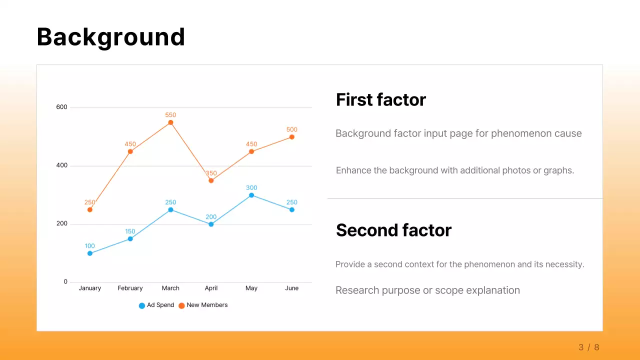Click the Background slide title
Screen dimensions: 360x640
[110, 37]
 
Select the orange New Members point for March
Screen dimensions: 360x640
[170, 122]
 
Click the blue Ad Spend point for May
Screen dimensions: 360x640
[251, 195]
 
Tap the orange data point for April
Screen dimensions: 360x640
[211, 180]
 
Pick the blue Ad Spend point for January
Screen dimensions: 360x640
[90, 253]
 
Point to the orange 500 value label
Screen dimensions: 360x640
[291, 129]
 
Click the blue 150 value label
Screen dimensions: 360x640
[130, 231]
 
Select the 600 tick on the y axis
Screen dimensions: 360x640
[61, 107]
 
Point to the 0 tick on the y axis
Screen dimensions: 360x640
[65, 282]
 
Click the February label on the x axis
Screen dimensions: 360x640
[130, 288]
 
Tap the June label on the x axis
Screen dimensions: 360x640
[291, 288]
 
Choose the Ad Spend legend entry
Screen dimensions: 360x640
[156, 305]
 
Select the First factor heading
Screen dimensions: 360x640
[380, 100]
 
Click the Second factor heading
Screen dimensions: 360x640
[393, 230]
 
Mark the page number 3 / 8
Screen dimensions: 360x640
[588, 347]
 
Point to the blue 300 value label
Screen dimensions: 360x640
[251, 188]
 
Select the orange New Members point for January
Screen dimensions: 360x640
[90, 210]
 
